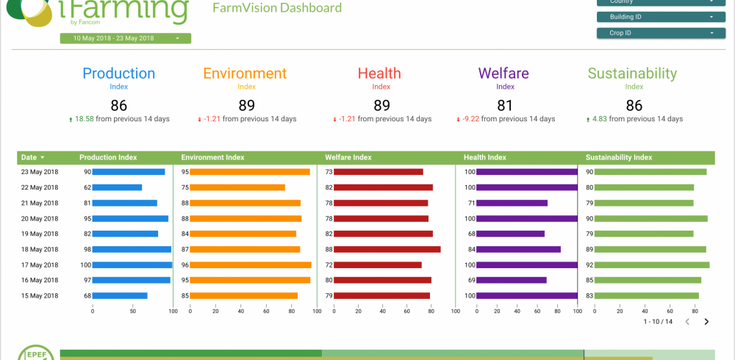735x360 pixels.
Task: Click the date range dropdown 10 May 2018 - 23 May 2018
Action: point(125,38)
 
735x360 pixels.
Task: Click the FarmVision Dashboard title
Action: point(276,8)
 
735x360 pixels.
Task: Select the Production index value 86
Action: point(118,105)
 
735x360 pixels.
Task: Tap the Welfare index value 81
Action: point(505,105)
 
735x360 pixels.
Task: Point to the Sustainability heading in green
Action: point(632,73)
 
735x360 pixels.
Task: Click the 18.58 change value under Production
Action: point(85,119)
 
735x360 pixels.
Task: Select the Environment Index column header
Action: point(212,157)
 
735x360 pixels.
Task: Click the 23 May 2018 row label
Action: point(40,172)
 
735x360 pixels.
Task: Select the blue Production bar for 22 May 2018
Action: point(118,187)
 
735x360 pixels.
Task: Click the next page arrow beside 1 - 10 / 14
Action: point(706,321)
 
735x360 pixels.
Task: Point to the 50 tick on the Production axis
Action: point(133,311)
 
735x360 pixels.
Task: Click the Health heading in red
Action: point(379,73)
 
